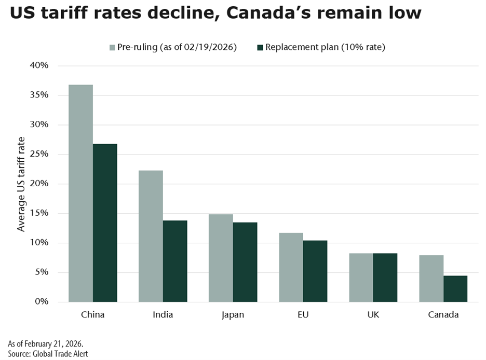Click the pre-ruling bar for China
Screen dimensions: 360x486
tap(80, 193)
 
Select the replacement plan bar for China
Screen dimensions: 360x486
tap(105, 223)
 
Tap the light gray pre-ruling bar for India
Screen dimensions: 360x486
tap(151, 236)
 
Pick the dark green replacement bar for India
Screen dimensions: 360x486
tap(175, 261)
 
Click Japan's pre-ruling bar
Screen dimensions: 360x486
tap(221, 258)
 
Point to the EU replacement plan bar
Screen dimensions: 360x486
tap(315, 271)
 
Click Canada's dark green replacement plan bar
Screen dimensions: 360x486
tap(455, 288)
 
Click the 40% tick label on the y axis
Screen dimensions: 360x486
tap(39, 65)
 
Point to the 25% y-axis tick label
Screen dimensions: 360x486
tap(39, 154)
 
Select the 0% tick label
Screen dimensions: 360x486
tap(42, 302)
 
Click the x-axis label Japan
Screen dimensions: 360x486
tap(233, 315)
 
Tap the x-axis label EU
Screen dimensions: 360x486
tap(303, 315)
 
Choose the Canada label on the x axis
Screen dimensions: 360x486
tap(443, 315)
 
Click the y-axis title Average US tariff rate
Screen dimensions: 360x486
tap(21, 184)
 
